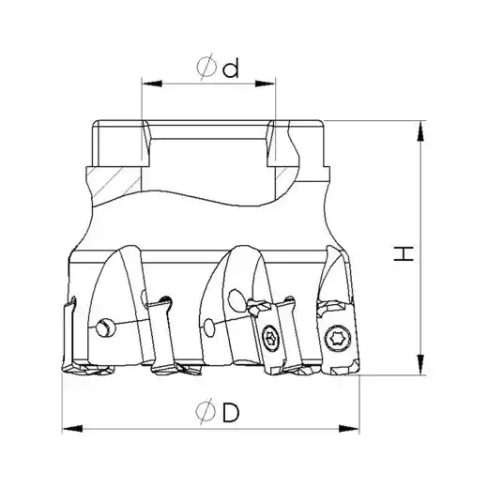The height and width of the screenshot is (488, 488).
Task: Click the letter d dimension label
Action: click(231, 69)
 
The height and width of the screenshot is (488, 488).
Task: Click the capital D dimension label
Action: click(231, 412)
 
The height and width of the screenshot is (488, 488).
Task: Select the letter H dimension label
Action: click(404, 253)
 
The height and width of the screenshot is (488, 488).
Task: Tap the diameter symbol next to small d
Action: click(206, 67)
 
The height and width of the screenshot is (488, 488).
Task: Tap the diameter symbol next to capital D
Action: click(206, 411)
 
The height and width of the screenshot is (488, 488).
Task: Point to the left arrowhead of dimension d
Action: click(152, 84)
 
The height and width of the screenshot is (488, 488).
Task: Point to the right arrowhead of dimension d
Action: click(266, 84)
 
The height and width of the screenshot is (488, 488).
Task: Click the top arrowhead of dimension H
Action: click(421, 130)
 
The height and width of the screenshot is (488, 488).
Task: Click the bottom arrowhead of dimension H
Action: click(421, 364)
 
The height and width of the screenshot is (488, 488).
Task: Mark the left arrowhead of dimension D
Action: click(72, 428)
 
